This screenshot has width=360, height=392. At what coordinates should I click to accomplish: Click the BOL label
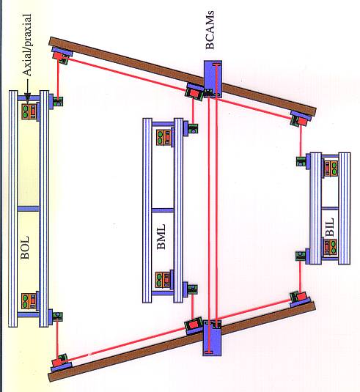25,248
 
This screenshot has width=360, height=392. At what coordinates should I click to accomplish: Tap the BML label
161,237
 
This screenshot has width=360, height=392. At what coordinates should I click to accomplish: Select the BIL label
330,227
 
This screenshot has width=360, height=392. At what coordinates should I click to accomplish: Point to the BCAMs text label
210,29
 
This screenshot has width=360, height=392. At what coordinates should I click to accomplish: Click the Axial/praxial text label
27,45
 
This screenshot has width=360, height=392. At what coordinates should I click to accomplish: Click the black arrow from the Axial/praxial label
27,92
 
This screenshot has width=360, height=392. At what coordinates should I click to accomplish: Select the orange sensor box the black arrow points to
29,111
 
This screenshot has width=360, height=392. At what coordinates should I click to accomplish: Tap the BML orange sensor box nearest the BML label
164,280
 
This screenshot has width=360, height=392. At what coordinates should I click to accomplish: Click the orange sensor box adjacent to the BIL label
331,247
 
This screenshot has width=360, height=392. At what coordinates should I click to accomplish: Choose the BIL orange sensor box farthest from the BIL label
331,169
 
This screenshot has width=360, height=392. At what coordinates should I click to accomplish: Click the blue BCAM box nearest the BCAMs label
213,79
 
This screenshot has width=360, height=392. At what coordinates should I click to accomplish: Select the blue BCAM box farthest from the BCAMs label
212,338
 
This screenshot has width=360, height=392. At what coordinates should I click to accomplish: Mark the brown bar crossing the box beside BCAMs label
183,75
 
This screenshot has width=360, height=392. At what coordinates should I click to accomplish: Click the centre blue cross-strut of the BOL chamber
29,209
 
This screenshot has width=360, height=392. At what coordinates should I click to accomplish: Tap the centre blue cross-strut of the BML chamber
163,210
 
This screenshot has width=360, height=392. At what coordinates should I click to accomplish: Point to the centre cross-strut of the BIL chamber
330,209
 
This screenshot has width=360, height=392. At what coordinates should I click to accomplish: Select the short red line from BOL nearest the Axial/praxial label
58,78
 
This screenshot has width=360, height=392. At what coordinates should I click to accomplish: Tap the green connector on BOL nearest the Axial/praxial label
58,102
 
